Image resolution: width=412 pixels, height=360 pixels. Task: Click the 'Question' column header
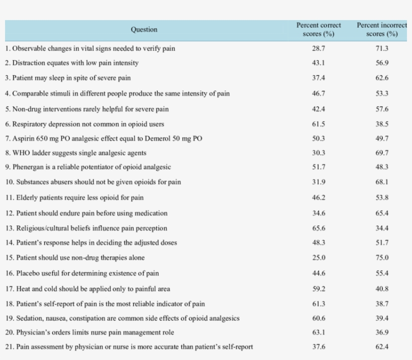coord(144,30)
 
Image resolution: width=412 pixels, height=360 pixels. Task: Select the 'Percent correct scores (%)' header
coord(319,30)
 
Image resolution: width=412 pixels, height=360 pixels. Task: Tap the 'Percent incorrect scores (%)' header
coord(382,30)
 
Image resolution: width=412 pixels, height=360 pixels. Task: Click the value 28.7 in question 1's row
coord(319,49)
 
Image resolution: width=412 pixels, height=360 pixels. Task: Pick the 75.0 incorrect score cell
coord(382,258)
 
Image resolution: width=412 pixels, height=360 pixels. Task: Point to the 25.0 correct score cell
coord(319,258)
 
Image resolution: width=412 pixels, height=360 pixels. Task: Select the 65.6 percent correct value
coord(319,228)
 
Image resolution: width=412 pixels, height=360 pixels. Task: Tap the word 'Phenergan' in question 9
coord(28,167)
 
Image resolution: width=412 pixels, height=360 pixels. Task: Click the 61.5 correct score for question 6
coord(319,124)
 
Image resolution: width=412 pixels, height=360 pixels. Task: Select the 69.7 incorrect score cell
coord(382,153)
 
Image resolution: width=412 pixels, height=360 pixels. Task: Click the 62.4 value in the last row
coord(382,346)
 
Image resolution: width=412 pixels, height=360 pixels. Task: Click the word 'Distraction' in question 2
coord(29,63)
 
